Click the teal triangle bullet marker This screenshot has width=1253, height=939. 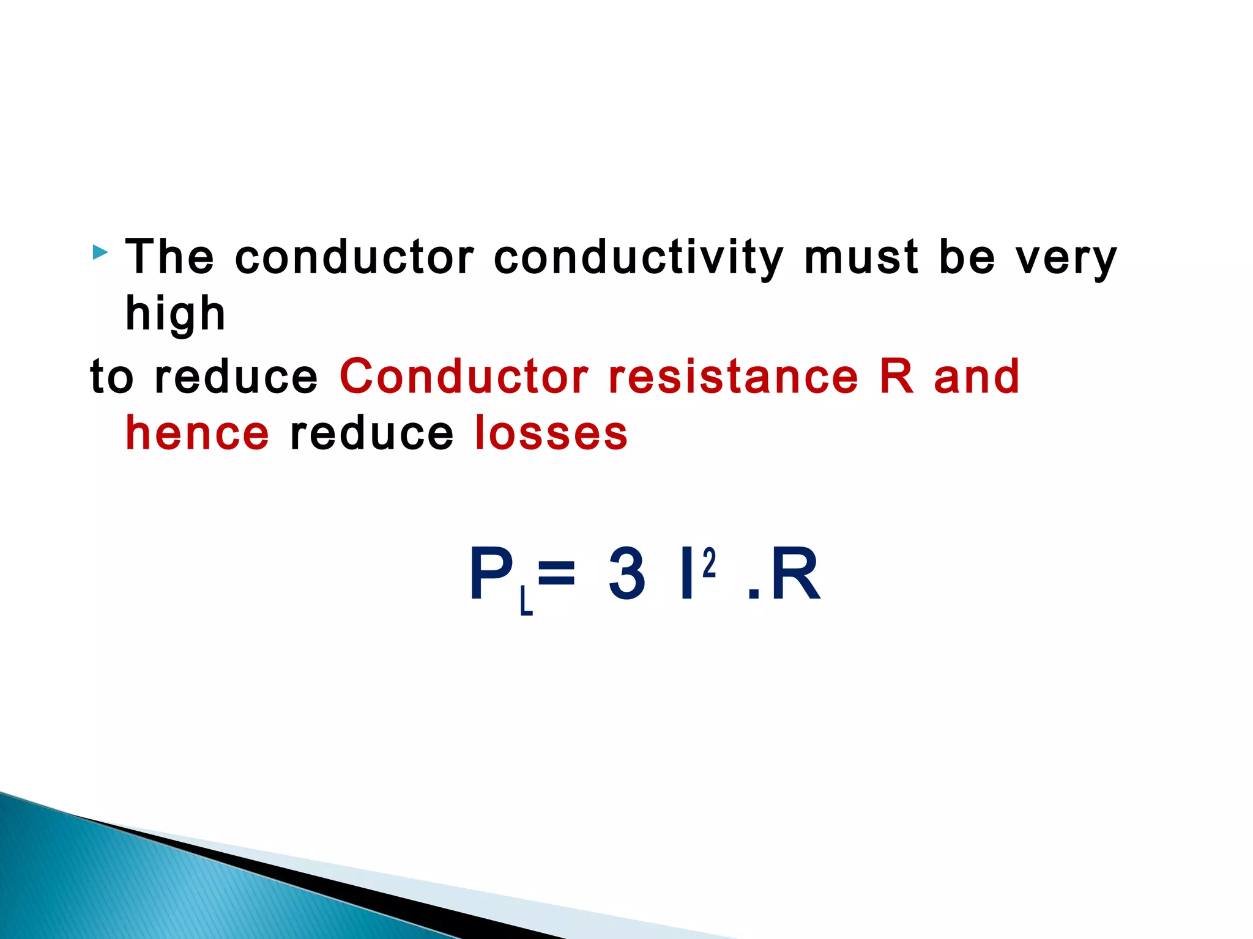(x=100, y=252)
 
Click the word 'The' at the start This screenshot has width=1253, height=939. (x=169, y=257)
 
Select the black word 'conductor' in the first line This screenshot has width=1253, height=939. (x=355, y=257)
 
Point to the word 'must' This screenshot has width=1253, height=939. (x=861, y=257)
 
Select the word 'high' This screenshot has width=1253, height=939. (x=176, y=314)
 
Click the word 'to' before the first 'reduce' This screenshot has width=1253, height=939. (x=111, y=377)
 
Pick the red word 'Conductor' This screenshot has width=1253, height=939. (x=464, y=375)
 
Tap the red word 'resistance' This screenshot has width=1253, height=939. (x=734, y=377)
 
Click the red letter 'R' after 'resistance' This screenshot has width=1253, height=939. (x=896, y=375)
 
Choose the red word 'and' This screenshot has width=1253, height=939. (x=976, y=377)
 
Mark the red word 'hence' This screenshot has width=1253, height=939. (x=197, y=433)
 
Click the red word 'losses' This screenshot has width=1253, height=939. (x=551, y=433)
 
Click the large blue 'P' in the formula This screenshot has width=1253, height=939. (x=491, y=573)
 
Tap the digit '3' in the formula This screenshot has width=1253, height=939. (x=626, y=573)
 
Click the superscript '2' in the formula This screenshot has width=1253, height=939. (x=709, y=563)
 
